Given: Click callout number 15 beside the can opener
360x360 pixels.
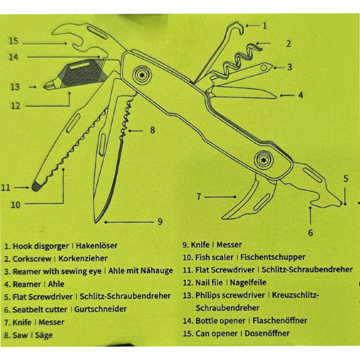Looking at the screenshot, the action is (x=14, y=41).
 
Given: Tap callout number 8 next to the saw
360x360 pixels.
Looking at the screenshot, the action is (x=153, y=130).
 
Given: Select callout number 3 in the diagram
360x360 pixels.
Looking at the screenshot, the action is (x=290, y=67).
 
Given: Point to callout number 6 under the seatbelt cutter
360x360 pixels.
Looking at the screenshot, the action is (x=310, y=233).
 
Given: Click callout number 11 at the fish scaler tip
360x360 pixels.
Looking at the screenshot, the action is (x=6, y=188).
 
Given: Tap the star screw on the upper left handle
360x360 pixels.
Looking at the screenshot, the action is (x=142, y=75).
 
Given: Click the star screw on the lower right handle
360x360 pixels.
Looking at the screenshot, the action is (x=264, y=160).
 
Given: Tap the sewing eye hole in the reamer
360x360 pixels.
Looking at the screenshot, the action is (x=264, y=68).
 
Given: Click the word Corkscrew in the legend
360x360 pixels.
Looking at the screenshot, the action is (x=32, y=259).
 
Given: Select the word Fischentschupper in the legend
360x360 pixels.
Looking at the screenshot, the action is (x=273, y=257).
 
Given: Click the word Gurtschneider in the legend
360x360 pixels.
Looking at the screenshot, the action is (x=100, y=309).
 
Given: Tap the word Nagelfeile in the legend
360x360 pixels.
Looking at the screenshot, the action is (x=248, y=282).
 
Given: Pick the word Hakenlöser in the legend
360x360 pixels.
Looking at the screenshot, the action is (x=97, y=246).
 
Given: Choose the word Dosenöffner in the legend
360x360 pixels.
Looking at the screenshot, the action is (x=267, y=333).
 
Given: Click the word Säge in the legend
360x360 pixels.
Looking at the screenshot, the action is (x=44, y=336).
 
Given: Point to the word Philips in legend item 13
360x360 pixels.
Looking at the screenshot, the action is (x=207, y=296).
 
